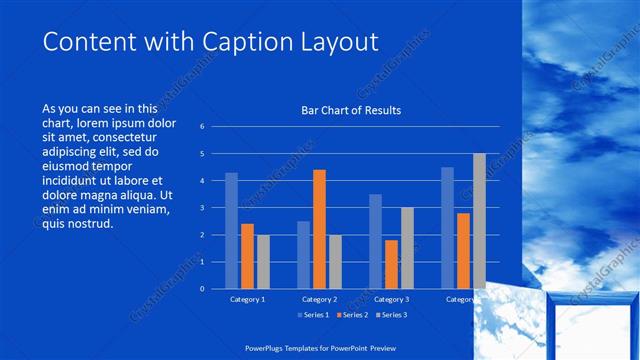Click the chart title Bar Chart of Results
point(351,110)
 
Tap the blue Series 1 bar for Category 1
point(231,230)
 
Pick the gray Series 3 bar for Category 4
point(479,221)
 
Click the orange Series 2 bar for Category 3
point(391,264)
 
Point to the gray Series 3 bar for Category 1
point(263,261)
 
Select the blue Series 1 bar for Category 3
point(375,241)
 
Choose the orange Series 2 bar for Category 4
point(463,250)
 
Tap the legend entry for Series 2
point(351,315)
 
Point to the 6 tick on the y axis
point(202,127)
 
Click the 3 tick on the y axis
point(202,208)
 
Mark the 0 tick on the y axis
point(202,289)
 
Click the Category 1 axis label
point(247,299)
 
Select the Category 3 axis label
point(391,299)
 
